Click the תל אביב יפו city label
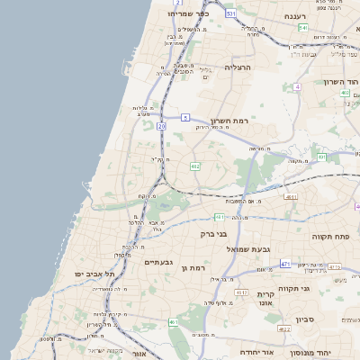[78, 274]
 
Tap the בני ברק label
[219, 233]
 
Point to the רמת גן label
[193, 268]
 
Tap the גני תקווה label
[319, 288]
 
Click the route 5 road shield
[184, 117]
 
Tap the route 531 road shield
[231, 14]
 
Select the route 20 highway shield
[161, 126]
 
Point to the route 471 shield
[285, 264]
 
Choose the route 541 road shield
[303, 28]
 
